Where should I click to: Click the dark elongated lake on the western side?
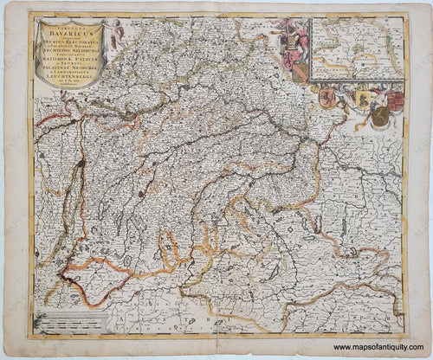(79, 165)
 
